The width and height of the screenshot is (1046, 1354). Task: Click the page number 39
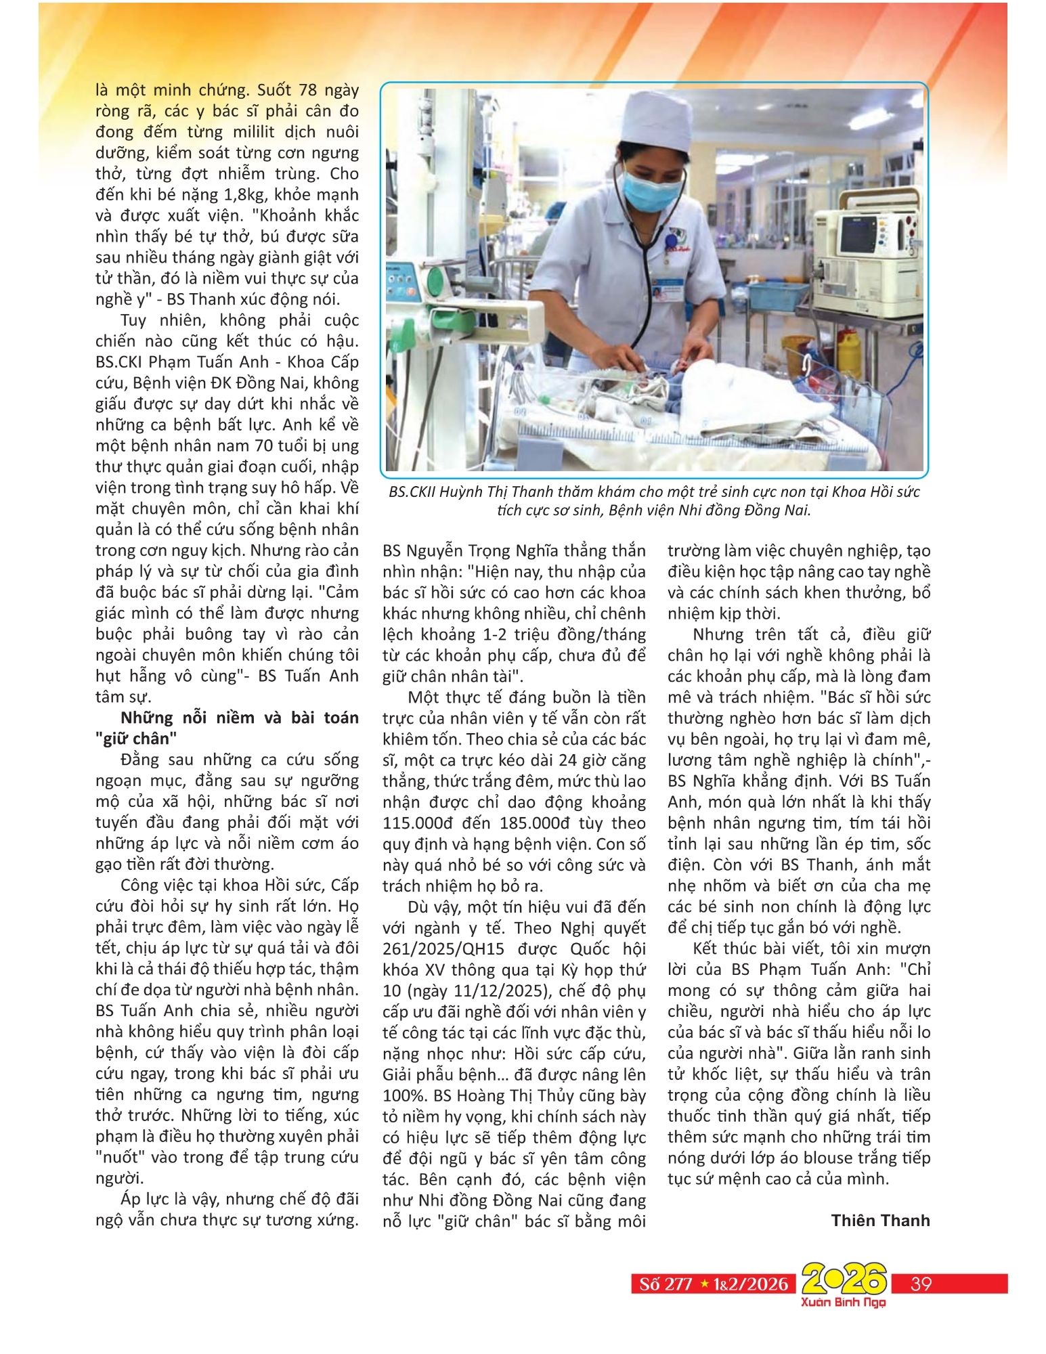[x=921, y=1284]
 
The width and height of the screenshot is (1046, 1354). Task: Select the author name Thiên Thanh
[x=880, y=1221]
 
